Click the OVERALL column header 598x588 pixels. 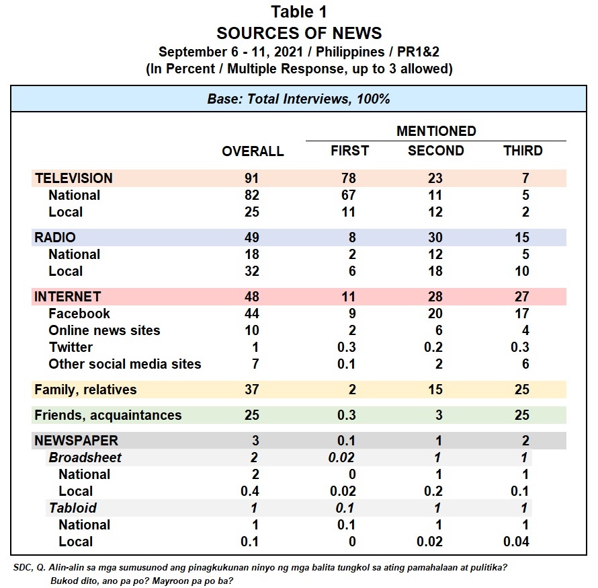[x=253, y=151]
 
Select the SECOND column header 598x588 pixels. [x=436, y=151]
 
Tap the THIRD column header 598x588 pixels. [x=523, y=151]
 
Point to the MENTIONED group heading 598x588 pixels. [x=436, y=131]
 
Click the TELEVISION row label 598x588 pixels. [x=74, y=178]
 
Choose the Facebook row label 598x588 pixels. [x=79, y=314]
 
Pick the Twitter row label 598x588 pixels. [x=71, y=347]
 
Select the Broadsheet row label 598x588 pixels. [x=85, y=457]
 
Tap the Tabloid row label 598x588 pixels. [x=73, y=508]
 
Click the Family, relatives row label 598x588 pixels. [x=85, y=390]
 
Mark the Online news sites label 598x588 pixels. [x=105, y=330]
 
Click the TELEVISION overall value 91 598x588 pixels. [x=252, y=178]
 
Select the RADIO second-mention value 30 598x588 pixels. [x=435, y=237]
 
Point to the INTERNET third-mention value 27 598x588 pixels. [x=521, y=297]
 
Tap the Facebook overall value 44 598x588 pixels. [x=252, y=314]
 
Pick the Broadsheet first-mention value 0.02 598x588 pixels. [x=341, y=457]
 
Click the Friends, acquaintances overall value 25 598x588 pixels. [x=252, y=415]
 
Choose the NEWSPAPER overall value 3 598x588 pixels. [x=255, y=441]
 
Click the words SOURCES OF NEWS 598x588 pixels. [x=299, y=33]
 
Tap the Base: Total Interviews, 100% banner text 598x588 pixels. [x=298, y=99]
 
